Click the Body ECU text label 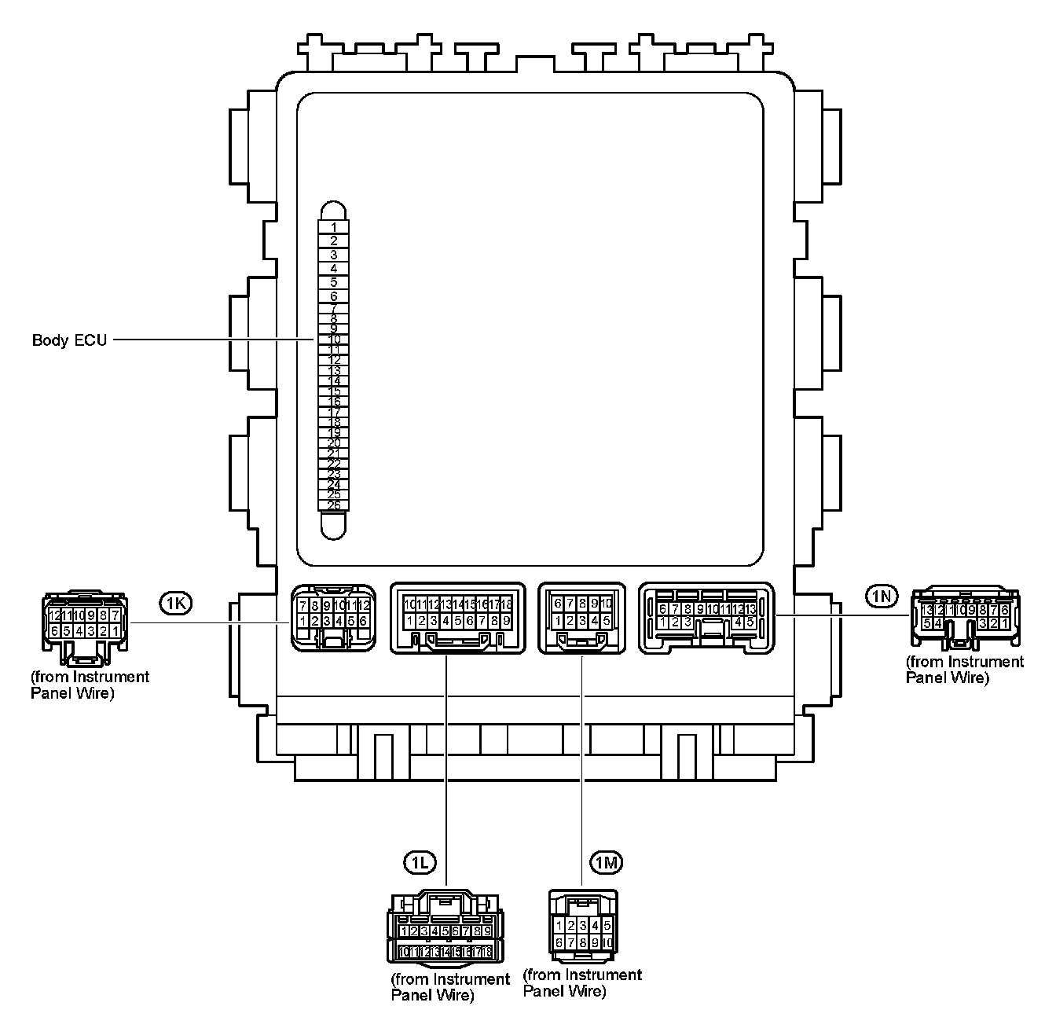click(x=69, y=340)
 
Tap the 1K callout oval click(x=174, y=603)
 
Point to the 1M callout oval click(x=607, y=863)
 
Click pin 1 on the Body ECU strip click(x=334, y=226)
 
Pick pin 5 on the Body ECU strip click(x=334, y=282)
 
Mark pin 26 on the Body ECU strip click(x=334, y=505)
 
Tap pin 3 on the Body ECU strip click(x=334, y=255)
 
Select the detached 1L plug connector click(x=445, y=927)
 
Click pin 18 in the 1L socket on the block click(x=507, y=604)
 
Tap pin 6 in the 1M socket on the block click(x=558, y=604)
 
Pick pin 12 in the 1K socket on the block click(x=363, y=605)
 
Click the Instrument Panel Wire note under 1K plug click(x=90, y=685)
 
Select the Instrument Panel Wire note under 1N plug click(x=965, y=670)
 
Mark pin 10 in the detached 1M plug click(x=607, y=942)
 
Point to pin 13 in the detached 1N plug click(x=927, y=610)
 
